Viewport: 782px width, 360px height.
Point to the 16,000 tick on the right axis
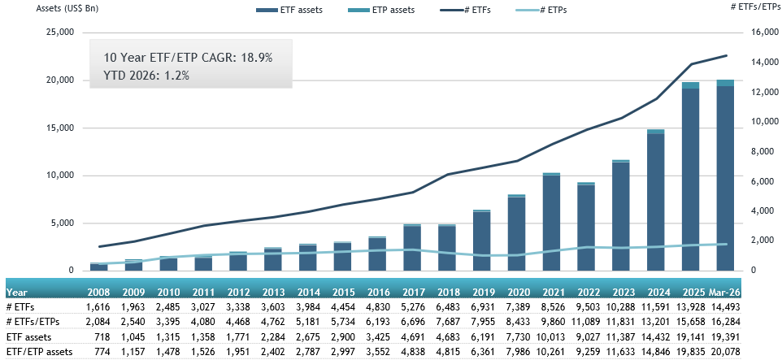click(x=758, y=33)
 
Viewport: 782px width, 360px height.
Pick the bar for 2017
click(x=413, y=247)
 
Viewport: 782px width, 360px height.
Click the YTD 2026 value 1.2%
click(x=174, y=75)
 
